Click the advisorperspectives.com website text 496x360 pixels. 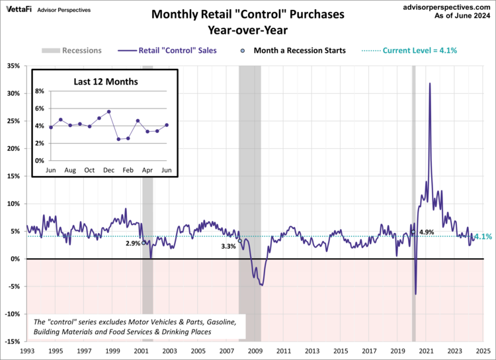448,6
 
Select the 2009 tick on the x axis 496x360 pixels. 255,351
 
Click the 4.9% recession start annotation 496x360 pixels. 427,232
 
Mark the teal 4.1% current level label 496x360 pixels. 483,236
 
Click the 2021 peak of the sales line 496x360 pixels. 430,83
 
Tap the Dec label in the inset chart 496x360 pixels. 108,171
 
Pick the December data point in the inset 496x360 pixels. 108,112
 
